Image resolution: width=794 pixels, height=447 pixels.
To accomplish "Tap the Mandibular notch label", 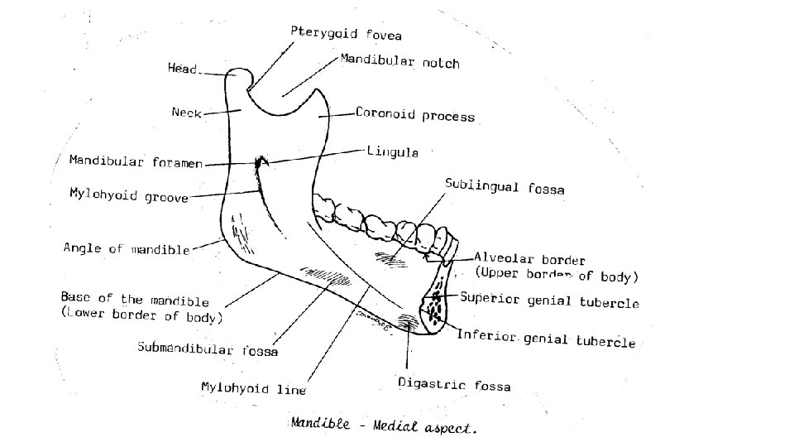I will click(399, 62).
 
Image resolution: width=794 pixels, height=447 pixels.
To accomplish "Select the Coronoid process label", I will click(415, 114).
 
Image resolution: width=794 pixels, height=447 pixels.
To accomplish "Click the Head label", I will click(183, 70).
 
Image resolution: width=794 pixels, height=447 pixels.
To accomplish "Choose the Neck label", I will click(186, 113).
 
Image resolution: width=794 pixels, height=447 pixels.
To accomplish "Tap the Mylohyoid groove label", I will click(128, 195).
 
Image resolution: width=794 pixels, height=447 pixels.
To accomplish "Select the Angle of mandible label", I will click(127, 248).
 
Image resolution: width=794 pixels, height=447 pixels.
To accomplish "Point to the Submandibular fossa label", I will click(208, 348).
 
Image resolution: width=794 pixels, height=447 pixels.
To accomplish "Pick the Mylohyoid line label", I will click(254, 387).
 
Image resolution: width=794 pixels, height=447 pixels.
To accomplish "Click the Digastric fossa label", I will click(454, 385).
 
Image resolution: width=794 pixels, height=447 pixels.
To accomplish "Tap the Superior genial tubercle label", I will click(549, 300).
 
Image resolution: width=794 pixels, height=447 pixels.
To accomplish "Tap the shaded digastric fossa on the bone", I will click(408, 320).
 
